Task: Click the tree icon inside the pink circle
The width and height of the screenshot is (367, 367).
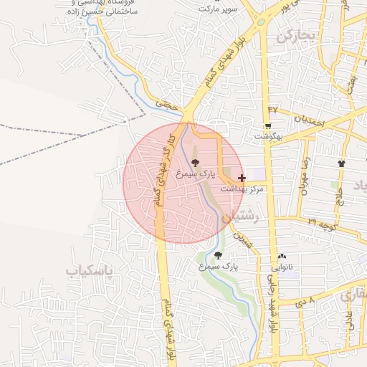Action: coord(195,163)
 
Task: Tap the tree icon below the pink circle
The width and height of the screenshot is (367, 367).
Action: coord(218,254)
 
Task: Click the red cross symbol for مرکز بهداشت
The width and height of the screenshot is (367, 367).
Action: coord(241,177)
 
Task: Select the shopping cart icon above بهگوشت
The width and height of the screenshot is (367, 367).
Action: coord(268,125)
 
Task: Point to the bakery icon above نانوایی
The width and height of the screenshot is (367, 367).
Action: coord(281,256)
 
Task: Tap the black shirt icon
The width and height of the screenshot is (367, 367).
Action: coord(340,164)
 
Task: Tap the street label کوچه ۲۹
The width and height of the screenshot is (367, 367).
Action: coord(323,224)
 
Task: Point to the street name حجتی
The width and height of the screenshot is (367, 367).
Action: coord(166,105)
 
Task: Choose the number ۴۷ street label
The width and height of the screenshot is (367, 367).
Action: coord(272,108)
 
